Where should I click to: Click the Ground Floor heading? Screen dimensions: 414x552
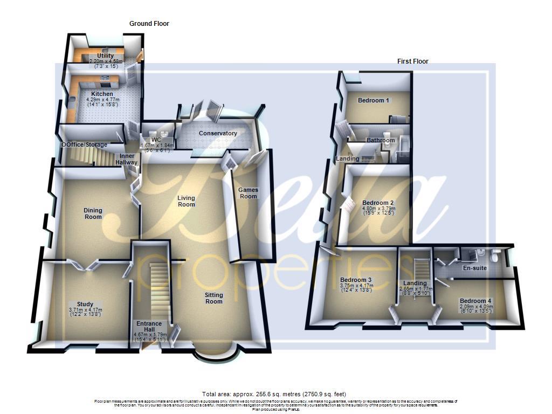tap(149, 24)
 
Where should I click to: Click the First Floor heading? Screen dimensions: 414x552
tap(412, 61)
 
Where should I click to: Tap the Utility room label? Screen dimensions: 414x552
tap(106, 56)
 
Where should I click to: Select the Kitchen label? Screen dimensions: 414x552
tap(102, 94)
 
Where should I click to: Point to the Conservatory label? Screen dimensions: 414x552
tap(218, 133)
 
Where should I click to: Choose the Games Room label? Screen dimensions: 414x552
tap(249, 193)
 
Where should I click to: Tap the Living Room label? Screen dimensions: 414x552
tap(187, 201)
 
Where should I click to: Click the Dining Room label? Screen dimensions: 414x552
tap(93, 213)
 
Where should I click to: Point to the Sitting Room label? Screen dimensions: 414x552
tap(213, 298)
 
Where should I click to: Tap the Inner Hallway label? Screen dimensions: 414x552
tap(128, 159)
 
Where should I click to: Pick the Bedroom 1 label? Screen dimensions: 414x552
tap(374, 100)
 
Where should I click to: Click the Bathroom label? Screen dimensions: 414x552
tap(381, 140)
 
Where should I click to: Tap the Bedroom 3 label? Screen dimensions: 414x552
tap(356, 280)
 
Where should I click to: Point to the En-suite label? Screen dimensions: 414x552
tap(475, 267)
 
